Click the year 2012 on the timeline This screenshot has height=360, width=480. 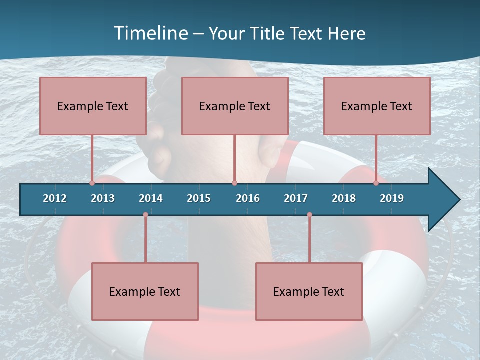coord(55,198)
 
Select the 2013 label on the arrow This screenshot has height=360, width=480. coord(103,198)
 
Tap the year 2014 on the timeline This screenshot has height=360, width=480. coord(151,198)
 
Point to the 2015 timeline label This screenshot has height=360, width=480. coord(199,198)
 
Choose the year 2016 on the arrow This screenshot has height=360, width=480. coord(248,198)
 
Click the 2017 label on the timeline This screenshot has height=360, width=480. coord(296,198)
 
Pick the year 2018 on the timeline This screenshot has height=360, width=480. coord(344,198)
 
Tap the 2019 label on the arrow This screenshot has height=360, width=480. coord(392,198)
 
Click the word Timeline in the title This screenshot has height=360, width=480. coord(150,33)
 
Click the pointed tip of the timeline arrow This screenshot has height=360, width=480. coord(458,200)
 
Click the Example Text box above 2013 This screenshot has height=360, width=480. coord(93,106)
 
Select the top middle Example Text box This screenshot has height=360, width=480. coord(235,106)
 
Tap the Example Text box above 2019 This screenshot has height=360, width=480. coord(377,106)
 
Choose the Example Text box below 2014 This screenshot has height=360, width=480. coord(145,291)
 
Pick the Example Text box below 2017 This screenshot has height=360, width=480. coord(309,291)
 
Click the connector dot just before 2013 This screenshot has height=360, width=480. coord(92,183)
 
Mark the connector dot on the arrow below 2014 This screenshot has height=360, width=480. coord(145,215)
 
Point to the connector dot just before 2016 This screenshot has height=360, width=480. coord(234,183)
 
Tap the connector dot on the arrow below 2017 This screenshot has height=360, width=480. coord(309,215)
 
